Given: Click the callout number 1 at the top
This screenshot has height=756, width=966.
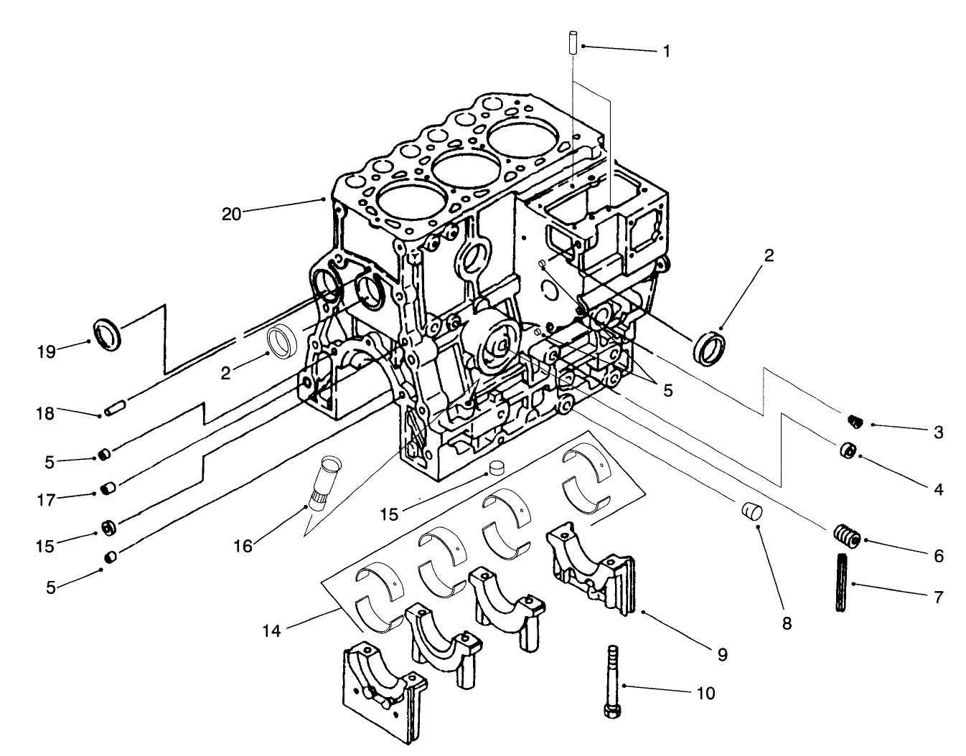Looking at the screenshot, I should pos(667,51).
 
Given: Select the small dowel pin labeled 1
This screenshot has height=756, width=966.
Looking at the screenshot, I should pos(572,41).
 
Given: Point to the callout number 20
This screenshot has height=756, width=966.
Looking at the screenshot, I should pos(231,213).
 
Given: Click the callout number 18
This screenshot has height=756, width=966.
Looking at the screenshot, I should pos(45,414).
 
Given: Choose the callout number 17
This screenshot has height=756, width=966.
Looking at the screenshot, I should pos(46,499).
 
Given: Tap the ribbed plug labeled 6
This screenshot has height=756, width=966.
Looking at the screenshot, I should pos(847,536).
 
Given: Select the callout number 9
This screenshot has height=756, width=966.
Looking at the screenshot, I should pos(722,654).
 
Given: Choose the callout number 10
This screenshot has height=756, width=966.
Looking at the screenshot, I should pos(705,693).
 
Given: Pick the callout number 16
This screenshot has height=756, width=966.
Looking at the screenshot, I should pos(243,546).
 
